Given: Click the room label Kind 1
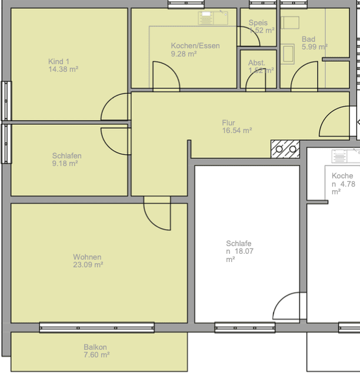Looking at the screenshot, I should point(59,61).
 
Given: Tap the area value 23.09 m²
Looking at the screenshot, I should point(88,265).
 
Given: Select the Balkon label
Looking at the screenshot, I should point(95,347).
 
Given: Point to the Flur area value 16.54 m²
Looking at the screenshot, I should point(236,131).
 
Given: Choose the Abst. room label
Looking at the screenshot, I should point(256,62).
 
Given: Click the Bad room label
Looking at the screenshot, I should point(308,39).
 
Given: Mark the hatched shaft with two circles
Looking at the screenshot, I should point(285,149).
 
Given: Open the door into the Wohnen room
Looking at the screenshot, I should point(158,213).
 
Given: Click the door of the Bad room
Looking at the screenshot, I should point(305,77).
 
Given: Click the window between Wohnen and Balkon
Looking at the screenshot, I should point(96,327).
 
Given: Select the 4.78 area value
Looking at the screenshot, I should point(346,184).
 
